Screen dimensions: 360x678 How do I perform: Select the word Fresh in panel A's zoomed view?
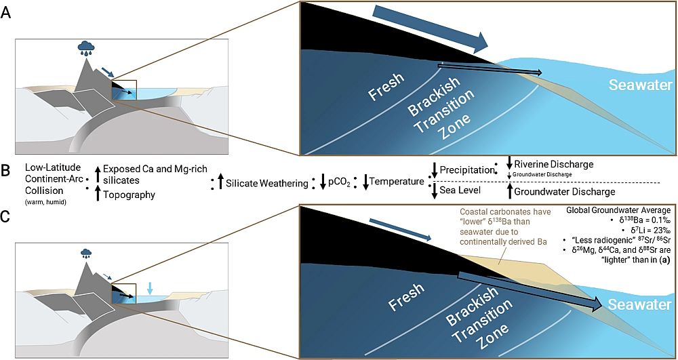pos(386,87)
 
